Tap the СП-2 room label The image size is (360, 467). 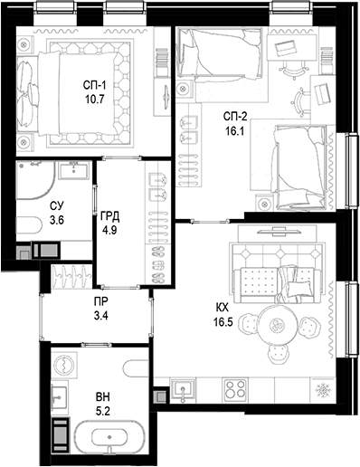pyautogui.click(x=238, y=116)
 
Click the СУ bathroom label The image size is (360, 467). pyautogui.click(x=56, y=205)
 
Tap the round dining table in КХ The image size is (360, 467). pyautogui.click(x=278, y=324)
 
